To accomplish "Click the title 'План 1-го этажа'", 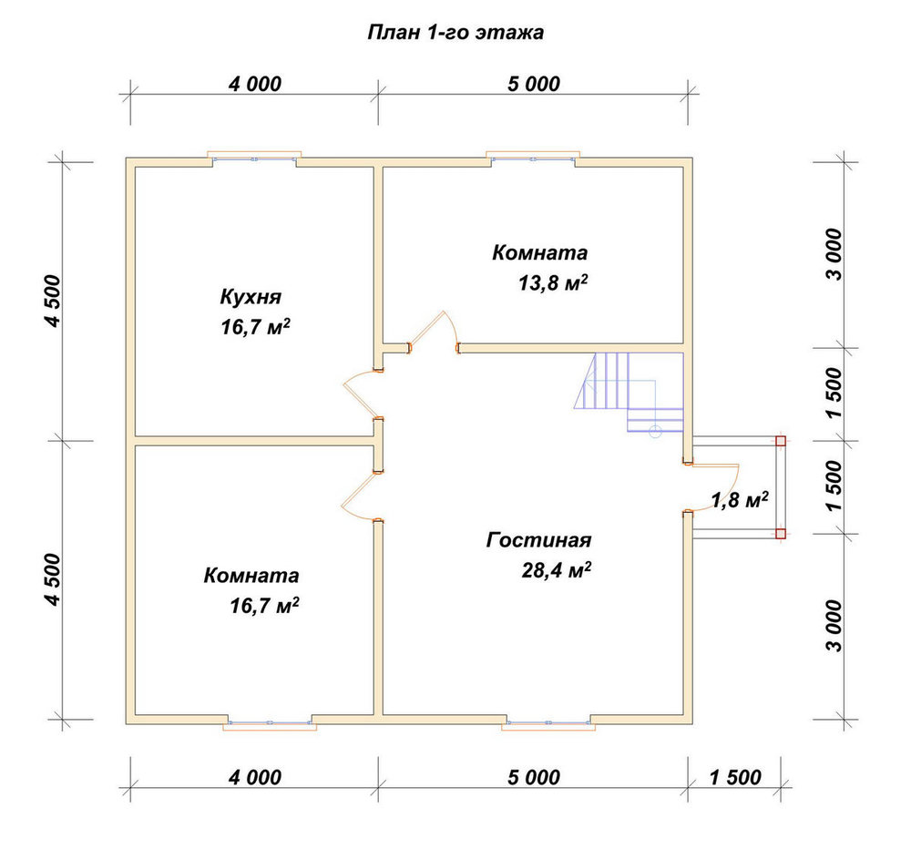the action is click(455, 33).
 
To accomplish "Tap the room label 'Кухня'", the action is click(251, 297).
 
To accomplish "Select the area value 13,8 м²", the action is click(553, 283).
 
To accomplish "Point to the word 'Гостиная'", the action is click(538, 540).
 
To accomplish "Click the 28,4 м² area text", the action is click(556, 570).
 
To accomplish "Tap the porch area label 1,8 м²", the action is click(740, 500).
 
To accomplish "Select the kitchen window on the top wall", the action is click(254, 159).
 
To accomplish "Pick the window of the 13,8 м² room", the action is click(533, 159).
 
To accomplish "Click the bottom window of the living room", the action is click(548, 723).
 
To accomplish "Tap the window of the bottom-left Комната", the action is click(270, 723).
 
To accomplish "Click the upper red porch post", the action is click(781, 441).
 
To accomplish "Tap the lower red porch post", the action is click(781, 534).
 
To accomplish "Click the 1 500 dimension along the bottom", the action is click(735, 777).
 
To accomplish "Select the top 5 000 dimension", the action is click(533, 84).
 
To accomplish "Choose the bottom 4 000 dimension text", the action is click(254, 777).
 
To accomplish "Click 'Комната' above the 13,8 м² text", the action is click(539, 252).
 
